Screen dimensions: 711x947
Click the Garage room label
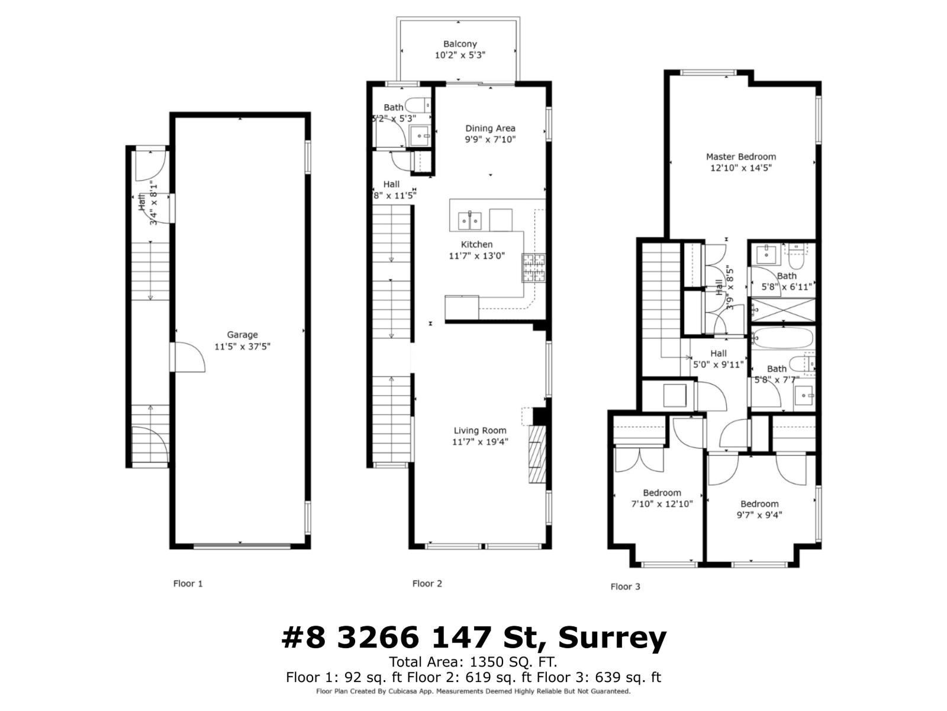click(242, 335)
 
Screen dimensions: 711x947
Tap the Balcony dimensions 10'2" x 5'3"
click(460, 55)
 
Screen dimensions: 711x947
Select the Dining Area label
click(490, 128)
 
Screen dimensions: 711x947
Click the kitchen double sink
click(469, 220)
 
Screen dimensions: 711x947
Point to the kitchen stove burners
click(533, 267)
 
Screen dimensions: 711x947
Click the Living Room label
click(480, 431)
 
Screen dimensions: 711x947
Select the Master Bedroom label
click(740, 157)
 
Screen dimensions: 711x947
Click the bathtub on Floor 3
click(783, 338)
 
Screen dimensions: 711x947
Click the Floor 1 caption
click(188, 584)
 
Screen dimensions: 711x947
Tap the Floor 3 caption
click(625, 587)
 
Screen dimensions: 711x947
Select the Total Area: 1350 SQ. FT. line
click(473, 662)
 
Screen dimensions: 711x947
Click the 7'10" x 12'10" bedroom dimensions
click(662, 504)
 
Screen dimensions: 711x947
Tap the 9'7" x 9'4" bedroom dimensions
click(759, 515)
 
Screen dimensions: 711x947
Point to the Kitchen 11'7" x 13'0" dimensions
click(476, 256)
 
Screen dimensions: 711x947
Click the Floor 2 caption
click(427, 584)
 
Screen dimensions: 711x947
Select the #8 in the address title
click(303, 638)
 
